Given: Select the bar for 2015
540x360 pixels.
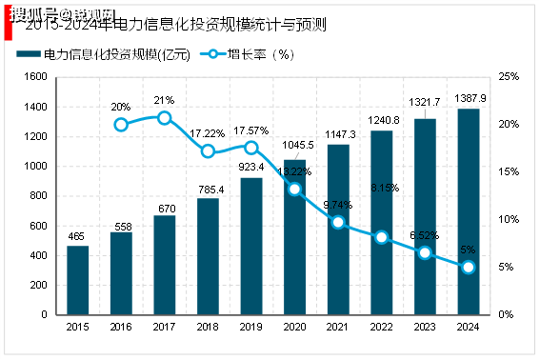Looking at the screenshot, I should click(78, 280).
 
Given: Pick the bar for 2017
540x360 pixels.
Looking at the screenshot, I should click(165, 265).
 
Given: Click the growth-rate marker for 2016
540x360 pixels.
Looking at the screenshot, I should click(121, 125).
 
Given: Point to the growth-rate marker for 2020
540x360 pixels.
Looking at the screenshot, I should click(294, 189).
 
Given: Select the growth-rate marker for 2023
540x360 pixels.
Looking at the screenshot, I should click(425, 252).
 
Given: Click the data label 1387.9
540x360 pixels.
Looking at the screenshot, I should click(468, 99).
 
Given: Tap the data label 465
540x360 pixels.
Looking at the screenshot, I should click(78, 235).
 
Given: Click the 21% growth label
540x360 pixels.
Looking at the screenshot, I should click(164, 100).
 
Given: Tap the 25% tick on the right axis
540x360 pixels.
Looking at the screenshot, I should click(510, 76).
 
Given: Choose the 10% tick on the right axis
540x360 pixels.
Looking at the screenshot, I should click(510, 219).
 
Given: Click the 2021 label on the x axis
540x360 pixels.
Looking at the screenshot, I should click(338, 327).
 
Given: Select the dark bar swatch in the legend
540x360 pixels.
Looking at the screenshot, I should click(30, 53).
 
